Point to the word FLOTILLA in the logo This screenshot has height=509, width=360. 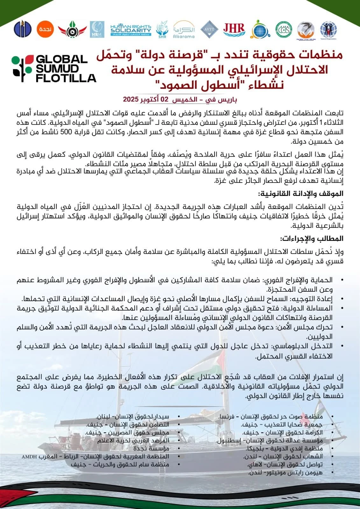pyautogui.click(x=66, y=78)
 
